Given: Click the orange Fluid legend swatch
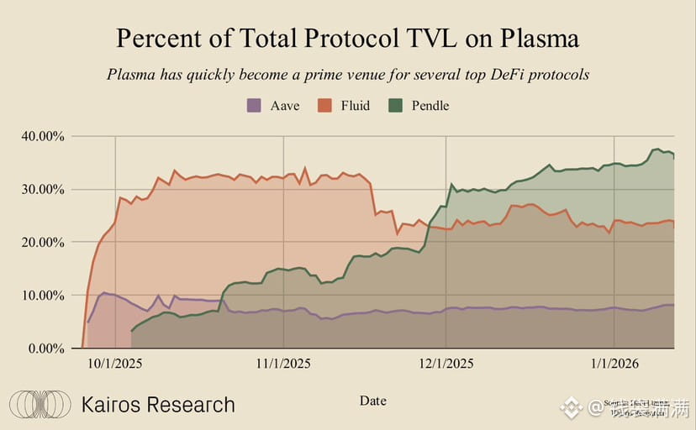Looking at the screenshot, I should pyautogui.click(x=324, y=106).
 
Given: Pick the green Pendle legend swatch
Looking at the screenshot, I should pyautogui.click(x=395, y=106).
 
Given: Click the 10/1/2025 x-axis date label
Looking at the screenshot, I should pyautogui.click(x=115, y=364).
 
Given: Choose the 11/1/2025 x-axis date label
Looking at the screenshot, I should pyautogui.click(x=283, y=364).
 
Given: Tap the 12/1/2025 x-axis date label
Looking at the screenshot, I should pyautogui.click(x=446, y=364).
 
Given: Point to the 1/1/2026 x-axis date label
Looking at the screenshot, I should pyautogui.click(x=614, y=364).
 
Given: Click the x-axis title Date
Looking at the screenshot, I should pyautogui.click(x=372, y=401).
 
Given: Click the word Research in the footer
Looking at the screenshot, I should pyautogui.click(x=191, y=405).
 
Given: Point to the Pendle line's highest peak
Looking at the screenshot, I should pyautogui.click(x=656, y=149).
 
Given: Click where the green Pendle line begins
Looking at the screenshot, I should pyautogui.click(x=131, y=332).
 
